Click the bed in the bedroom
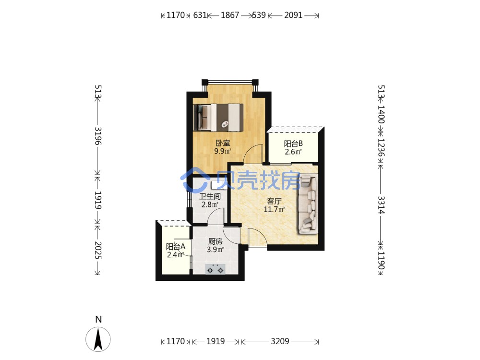pyautogui.click(x=218, y=118)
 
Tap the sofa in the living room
pyautogui.click(x=308, y=204)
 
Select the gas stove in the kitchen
pyautogui.click(x=215, y=269)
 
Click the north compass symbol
pyautogui.click(x=98, y=339)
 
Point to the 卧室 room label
pyautogui.click(x=223, y=143)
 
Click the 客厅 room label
pyautogui.click(x=274, y=201)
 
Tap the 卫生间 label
pyautogui.click(x=210, y=196)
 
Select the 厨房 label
pyautogui.click(x=215, y=241)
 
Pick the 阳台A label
pyautogui.click(x=175, y=246)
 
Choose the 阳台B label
pyautogui.click(x=293, y=143)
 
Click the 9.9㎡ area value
pyautogui.click(x=223, y=151)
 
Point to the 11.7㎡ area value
pyautogui.click(x=274, y=209)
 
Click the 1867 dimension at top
pyautogui.click(x=230, y=15)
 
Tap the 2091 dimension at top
pyautogui.click(x=293, y=15)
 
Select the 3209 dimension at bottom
pyautogui.click(x=280, y=341)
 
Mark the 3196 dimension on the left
pyautogui.click(x=98, y=136)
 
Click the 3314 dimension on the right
pyautogui.click(x=381, y=205)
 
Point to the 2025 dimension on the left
pyautogui.click(x=98, y=251)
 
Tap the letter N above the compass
pyautogui.click(x=98, y=319)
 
